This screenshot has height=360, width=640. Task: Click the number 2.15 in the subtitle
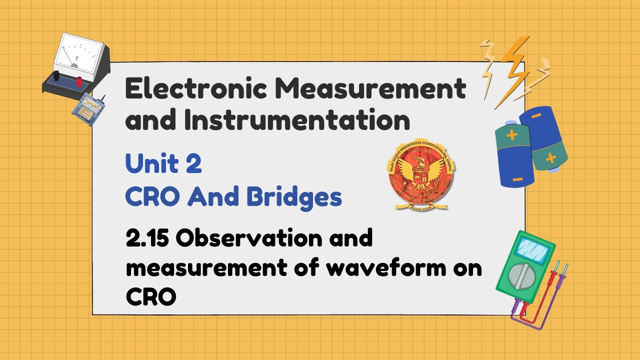(146, 238)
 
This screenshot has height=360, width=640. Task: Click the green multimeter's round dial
(521, 274)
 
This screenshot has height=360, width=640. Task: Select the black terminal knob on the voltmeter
(56, 75)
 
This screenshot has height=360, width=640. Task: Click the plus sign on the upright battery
(511, 135)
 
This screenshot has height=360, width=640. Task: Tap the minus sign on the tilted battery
(535, 116)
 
